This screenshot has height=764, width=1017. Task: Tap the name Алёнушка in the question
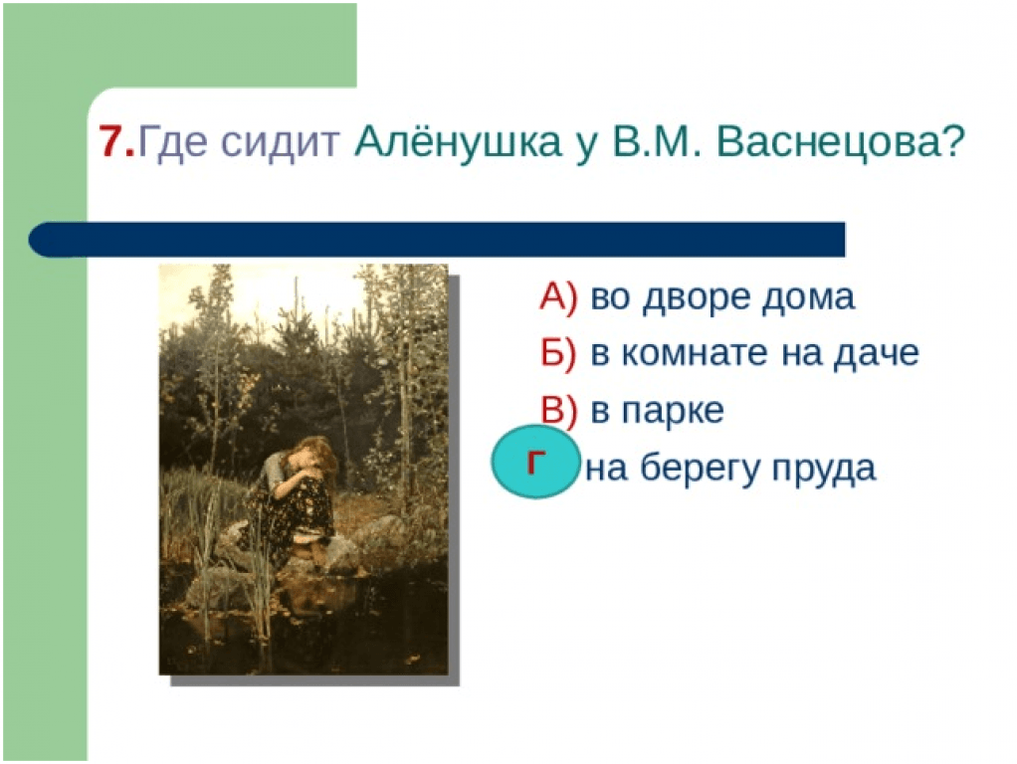pos(458,141)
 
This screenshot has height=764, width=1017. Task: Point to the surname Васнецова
pos(841,142)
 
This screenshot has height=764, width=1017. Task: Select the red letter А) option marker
pos(558,297)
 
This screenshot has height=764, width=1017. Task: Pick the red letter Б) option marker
pos(558,353)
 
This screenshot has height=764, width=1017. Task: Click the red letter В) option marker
pos(558,410)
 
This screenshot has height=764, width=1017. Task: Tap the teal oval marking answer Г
pos(533,462)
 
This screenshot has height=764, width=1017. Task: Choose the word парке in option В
pos(673,412)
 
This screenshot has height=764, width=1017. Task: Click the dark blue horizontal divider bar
pos(437,240)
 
